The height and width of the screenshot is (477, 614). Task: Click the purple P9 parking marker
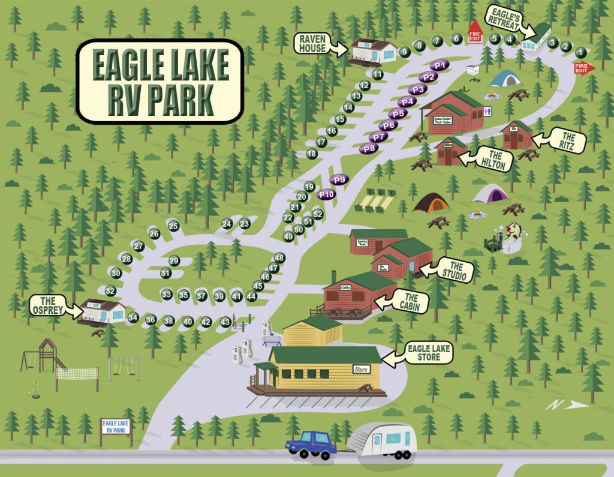[x=341, y=179]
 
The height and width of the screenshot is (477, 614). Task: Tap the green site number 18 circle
[x=311, y=154]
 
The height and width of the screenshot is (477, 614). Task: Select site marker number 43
[x=225, y=322]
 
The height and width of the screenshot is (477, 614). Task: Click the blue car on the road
[x=309, y=444]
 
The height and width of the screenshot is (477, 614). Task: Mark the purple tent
[x=490, y=193]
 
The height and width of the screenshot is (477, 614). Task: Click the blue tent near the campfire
[x=504, y=79]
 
